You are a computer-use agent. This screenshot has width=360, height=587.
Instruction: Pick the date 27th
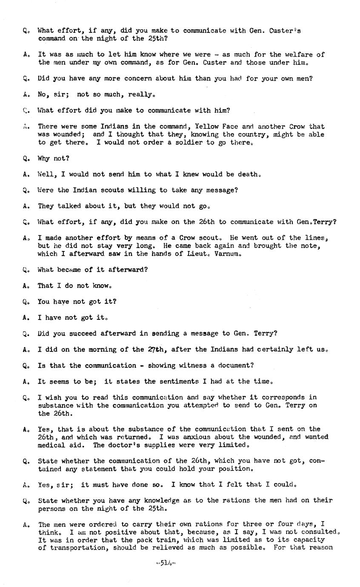(156, 350)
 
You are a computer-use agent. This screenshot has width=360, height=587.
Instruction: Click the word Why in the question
(44, 158)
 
